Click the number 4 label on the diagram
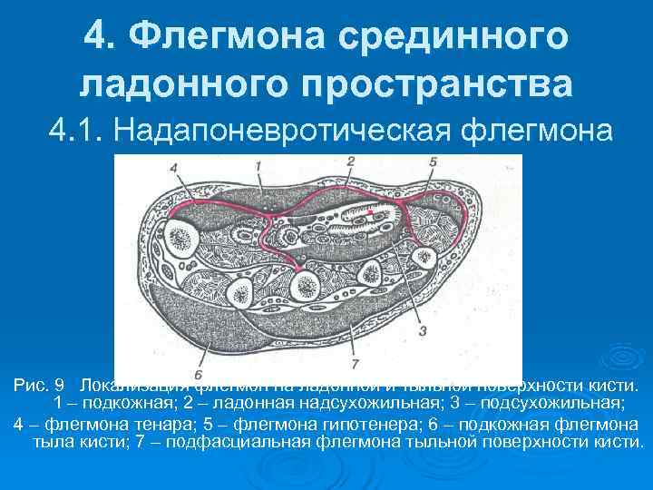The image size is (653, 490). (x=173, y=169)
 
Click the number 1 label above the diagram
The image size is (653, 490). (x=258, y=165)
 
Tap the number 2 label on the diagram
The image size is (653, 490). (x=349, y=161)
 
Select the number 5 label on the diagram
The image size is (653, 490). (x=434, y=163)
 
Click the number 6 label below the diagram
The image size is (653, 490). (x=199, y=373)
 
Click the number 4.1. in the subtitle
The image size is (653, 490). (x=79, y=131)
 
